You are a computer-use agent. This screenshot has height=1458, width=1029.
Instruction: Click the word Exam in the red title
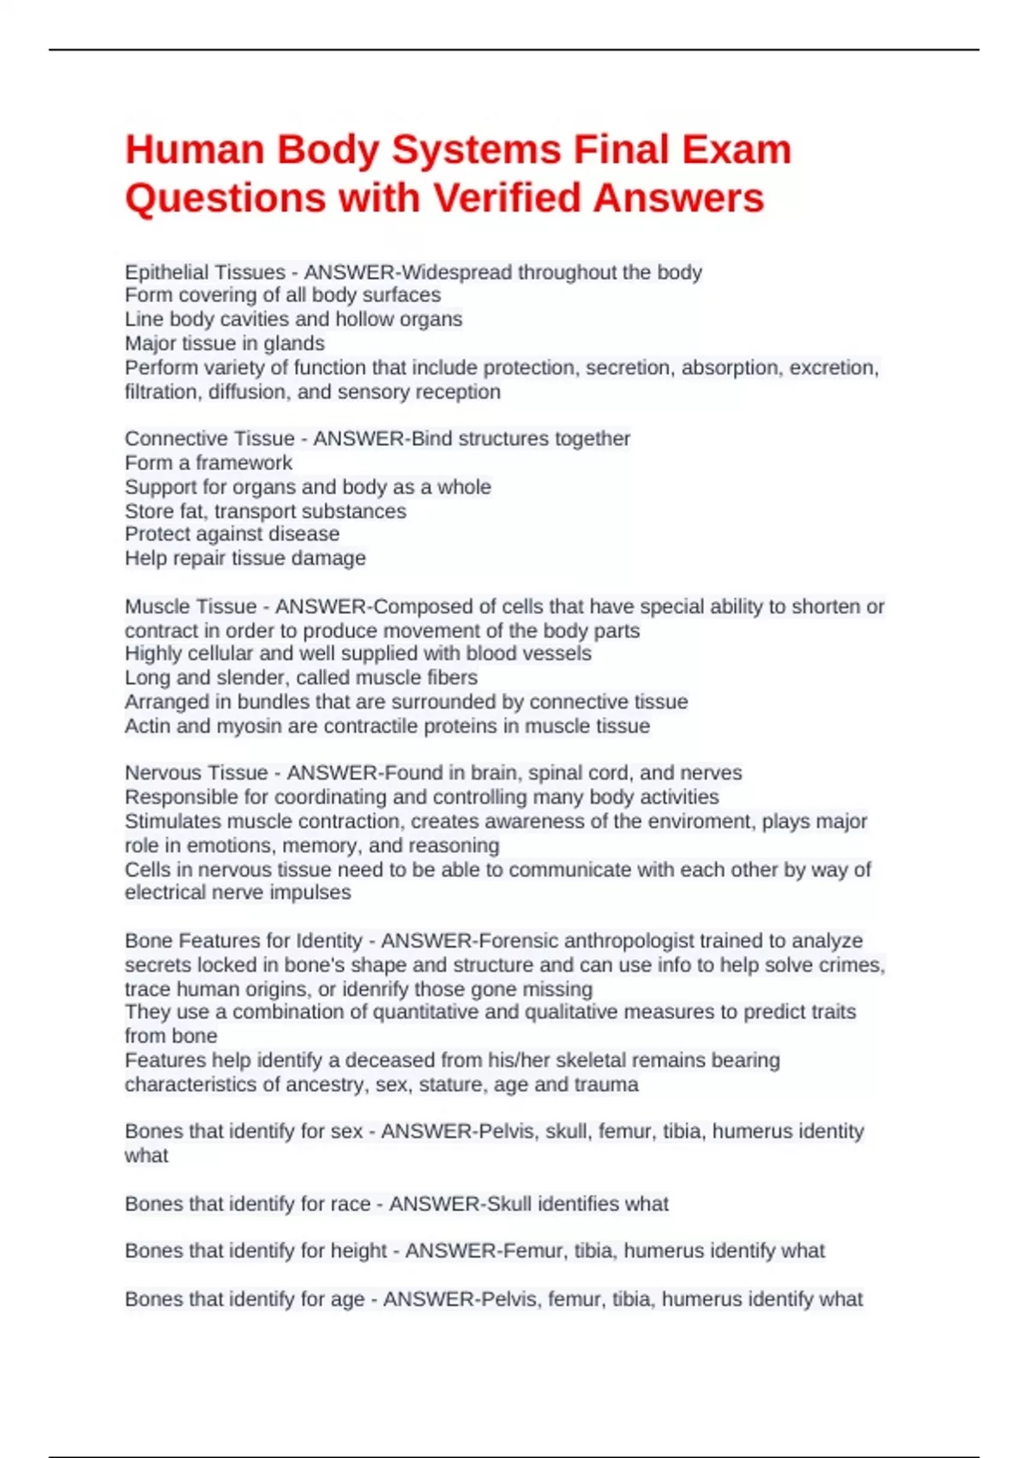pos(737,149)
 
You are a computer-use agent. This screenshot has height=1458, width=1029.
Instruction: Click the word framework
pos(244,463)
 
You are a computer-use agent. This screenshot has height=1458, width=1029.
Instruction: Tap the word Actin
pos(147,726)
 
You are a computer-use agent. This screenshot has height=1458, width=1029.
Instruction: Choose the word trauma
pos(609,1085)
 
